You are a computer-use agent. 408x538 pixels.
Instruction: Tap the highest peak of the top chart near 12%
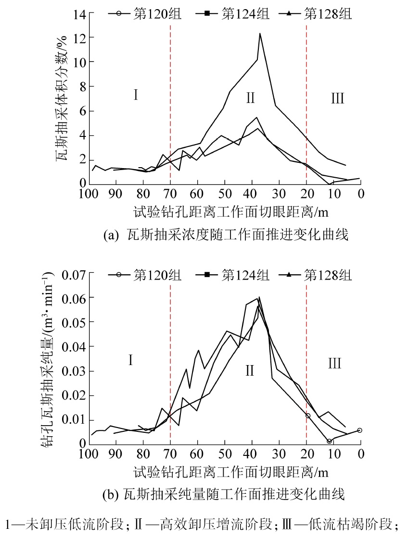click(x=260, y=34)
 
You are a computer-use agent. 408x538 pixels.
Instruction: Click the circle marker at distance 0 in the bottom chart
click(x=359, y=430)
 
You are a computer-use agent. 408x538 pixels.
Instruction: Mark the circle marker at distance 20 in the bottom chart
click(x=307, y=416)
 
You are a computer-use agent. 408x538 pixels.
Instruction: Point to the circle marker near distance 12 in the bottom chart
click(x=329, y=441)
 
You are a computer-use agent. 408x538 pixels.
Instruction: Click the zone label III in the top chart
click(x=338, y=98)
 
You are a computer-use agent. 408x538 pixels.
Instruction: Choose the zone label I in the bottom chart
click(x=130, y=359)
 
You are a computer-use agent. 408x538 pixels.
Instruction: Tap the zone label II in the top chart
click(x=250, y=98)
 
